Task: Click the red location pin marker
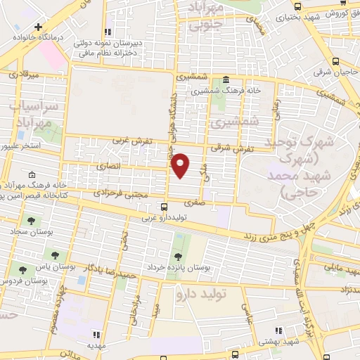pyautogui.click(x=181, y=165)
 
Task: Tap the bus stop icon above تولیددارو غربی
pyautogui.click(x=164, y=207)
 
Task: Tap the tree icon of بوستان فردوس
pyautogui.click(x=23, y=269)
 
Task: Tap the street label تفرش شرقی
pyautogui.click(x=231, y=150)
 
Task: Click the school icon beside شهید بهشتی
pyautogui.click(x=278, y=329)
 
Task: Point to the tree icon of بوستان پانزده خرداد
pyautogui.click(x=177, y=255)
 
